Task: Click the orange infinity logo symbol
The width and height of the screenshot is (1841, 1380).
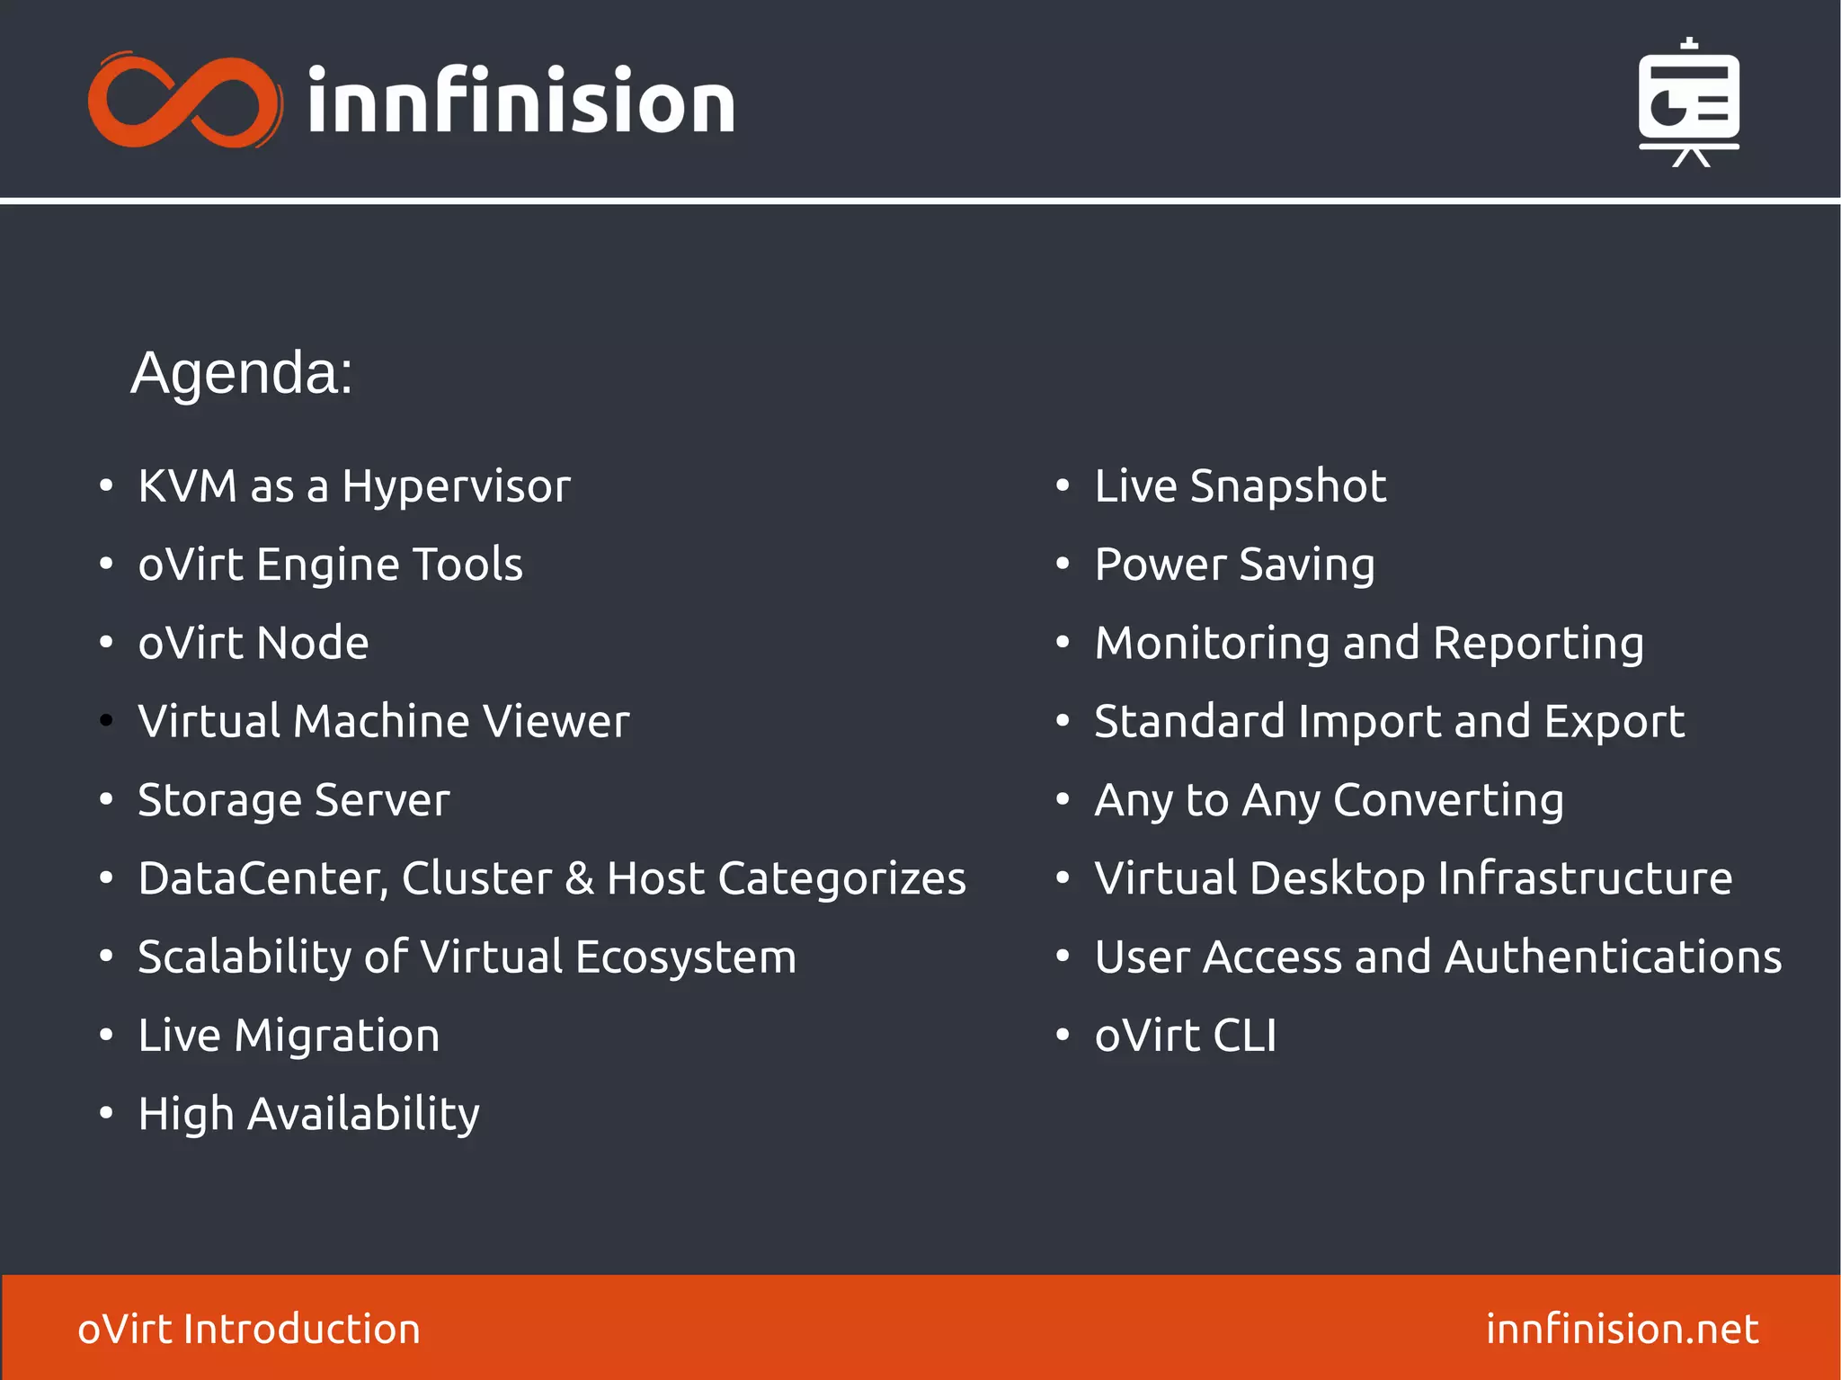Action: coord(184,101)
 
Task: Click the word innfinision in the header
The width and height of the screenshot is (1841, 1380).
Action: coord(521,101)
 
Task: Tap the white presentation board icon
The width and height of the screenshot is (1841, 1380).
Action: coord(1688,102)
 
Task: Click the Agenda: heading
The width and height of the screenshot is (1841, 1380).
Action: coord(242,372)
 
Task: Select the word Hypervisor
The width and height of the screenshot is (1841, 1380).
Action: coord(456,487)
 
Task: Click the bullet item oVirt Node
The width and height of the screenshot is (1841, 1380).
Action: coord(253,644)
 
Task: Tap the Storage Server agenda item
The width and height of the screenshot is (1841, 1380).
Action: coord(293,800)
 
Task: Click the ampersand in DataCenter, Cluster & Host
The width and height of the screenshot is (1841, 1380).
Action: coord(580,879)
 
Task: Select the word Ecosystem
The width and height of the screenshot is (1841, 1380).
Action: coord(686,957)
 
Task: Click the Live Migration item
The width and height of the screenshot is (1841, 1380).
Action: coord(289,1036)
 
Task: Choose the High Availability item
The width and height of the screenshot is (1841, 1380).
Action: coord(308,1115)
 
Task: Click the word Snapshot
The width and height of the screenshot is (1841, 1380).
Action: coord(1287,487)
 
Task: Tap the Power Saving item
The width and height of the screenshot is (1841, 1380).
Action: coord(1234,565)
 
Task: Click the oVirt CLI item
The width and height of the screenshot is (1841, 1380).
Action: coord(1185,1036)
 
